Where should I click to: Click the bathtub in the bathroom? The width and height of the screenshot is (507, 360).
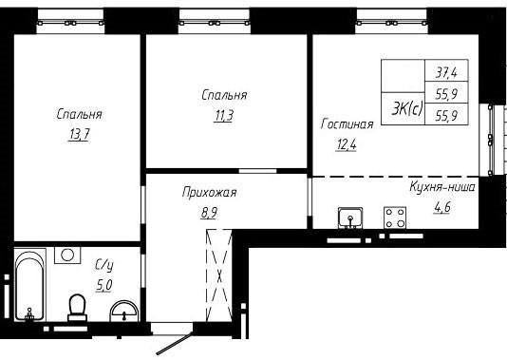[29, 285]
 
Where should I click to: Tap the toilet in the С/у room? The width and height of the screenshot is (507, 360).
[77, 308]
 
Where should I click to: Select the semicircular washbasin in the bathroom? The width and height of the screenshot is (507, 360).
[124, 312]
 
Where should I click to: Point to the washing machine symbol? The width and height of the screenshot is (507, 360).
[67, 256]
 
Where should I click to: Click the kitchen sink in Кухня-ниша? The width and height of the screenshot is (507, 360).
[350, 218]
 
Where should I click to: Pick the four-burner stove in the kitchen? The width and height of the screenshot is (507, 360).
[395, 218]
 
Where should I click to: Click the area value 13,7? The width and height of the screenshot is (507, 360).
[79, 135]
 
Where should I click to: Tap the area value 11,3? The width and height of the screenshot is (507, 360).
[223, 116]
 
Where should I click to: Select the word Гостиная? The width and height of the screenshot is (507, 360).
[347, 124]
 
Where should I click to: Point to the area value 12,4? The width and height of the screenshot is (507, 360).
[347, 144]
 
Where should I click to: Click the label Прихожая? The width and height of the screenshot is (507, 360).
[210, 193]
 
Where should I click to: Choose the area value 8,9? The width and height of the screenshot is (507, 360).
[209, 213]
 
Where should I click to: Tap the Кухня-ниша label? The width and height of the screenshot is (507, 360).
[442, 187]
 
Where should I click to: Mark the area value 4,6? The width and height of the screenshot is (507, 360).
[442, 207]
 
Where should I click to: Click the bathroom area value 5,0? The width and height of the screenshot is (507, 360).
[104, 285]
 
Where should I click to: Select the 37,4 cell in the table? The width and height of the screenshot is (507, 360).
[446, 72]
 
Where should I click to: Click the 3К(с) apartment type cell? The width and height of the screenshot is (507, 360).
[406, 109]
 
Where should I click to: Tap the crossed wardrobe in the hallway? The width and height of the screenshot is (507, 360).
[219, 275]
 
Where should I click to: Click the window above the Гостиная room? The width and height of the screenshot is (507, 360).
[391, 22]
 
